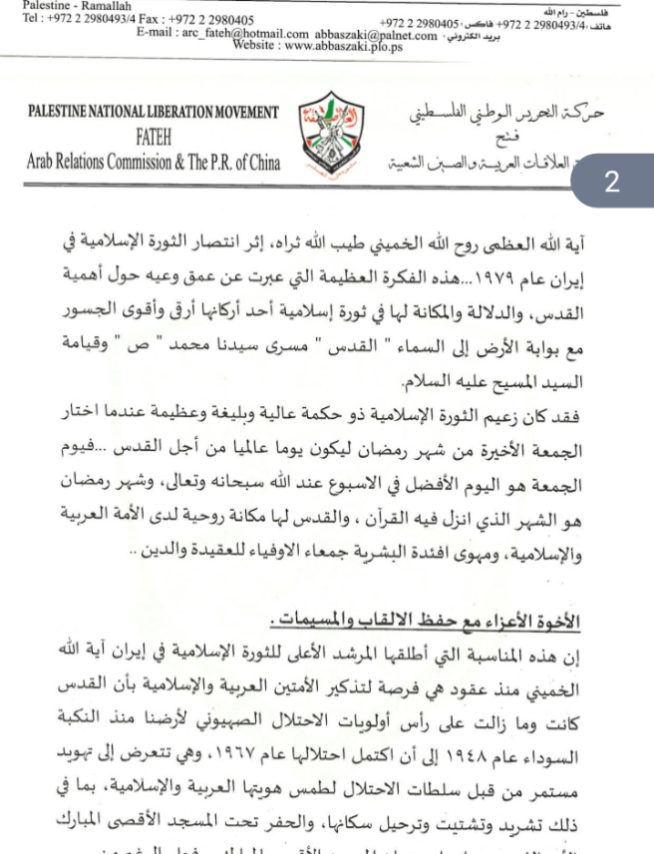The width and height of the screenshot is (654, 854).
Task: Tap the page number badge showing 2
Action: (611, 182)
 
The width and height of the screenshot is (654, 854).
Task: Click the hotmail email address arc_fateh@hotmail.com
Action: (237, 34)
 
